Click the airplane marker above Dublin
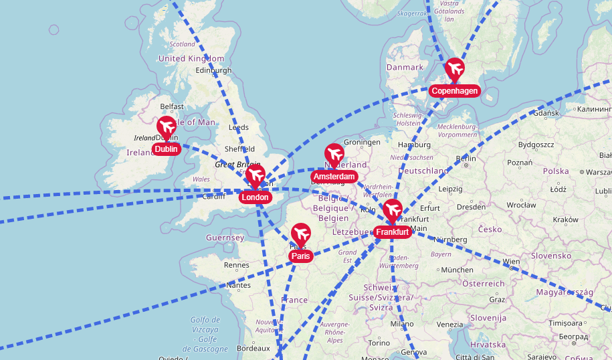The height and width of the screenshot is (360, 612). [x=167, y=126]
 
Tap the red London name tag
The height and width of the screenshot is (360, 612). [x=255, y=197]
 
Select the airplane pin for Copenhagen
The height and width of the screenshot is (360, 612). [x=455, y=68]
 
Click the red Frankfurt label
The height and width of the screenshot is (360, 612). [x=392, y=232]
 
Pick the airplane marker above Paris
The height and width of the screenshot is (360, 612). [x=301, y=234]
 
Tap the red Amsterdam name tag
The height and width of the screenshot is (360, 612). [x=333, y=177]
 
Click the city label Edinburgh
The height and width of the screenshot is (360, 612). [x=213, y=70]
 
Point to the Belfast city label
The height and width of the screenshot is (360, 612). [x=172, y=106]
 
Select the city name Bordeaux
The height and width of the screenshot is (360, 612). [x=253, y=348]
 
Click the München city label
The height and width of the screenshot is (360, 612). [x=457, y=270]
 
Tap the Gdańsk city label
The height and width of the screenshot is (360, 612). [x=547, y=113]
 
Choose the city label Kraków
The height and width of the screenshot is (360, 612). [x=565, y=219]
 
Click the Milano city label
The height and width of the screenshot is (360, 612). [x=403, y=324]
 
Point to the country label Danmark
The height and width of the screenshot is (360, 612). [x=405, y=68]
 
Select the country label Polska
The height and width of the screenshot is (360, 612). [x=556, y=171]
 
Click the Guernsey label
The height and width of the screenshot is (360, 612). [x=225, y=238]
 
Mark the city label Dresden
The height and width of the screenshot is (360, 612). [x=471, y=207]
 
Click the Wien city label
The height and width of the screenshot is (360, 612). [x=511, y=262]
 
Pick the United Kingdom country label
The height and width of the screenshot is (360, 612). [x=191, y=59]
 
